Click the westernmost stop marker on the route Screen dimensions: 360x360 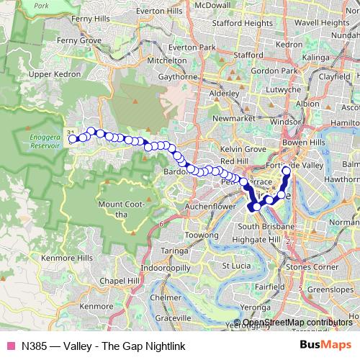coord(73,139)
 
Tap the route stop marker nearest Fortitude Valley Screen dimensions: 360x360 coord(287,171)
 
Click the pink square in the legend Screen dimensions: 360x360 coord(10,346)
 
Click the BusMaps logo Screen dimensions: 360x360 coord(325,346)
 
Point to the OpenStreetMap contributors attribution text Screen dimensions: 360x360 coord(297,323)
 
